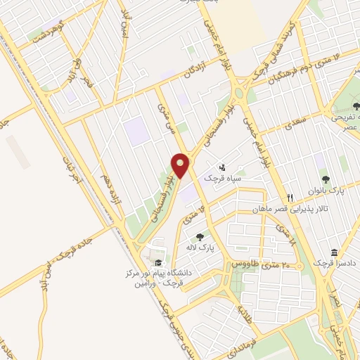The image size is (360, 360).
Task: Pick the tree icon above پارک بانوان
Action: click(325, 181)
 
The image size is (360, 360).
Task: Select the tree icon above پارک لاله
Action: click(200, 238)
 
